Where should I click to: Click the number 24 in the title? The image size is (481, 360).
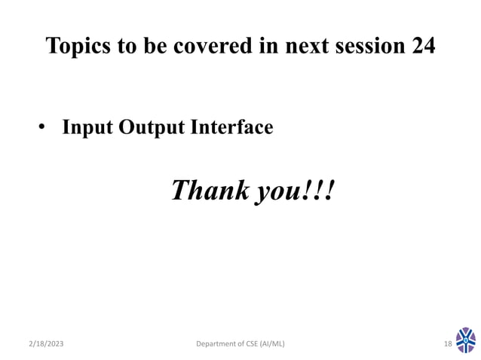coord(423,47)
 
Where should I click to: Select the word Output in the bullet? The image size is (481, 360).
coord(146,128)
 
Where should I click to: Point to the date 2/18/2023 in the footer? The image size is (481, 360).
coord(47,344)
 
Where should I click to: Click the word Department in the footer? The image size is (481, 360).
coord(215,344)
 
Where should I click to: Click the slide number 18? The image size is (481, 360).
coord(447,344)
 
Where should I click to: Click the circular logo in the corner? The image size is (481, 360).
coord(466,340)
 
